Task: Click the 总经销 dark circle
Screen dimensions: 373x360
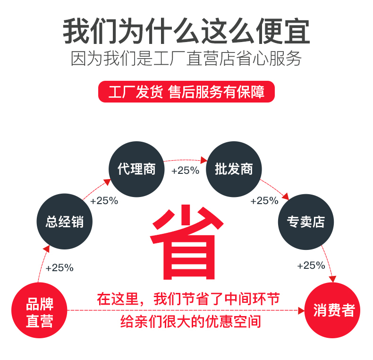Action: pyautogui.click(x=65, y=222)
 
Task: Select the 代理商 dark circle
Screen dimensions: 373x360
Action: pyautogui.click(x=137, y=169)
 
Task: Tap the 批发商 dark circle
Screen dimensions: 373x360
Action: pyautogui.click(x=234, y=169)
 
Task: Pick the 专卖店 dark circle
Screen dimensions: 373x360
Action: pyautogui.click(x=306, y=222)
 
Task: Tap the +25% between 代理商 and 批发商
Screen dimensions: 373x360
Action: pyautogui.click(x=185, y=171)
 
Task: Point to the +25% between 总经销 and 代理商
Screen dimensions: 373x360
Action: pyautogui.click(x=104, y=200)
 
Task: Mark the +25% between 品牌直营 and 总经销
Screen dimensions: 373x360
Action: pyautogui.click(x=59, y=268)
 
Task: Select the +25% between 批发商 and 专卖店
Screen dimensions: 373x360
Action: pyautogui.click(x=264, y=201)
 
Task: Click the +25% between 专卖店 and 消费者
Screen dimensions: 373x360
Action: pyautogui.click(x=311, y=266)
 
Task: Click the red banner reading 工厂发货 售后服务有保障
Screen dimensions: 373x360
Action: pyautogui.click(x=186, y=92)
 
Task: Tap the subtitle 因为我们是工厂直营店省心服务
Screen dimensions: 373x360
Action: pyautogui.click(x=186, y=59)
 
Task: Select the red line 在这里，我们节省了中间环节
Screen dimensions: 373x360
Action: pyautogui.click(x=188, y=299)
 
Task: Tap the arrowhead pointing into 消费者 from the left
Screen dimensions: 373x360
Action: pyautogui.click(x=301, y=310)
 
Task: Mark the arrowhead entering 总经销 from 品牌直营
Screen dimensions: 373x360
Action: pyautogui.click(x=46, y=248)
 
